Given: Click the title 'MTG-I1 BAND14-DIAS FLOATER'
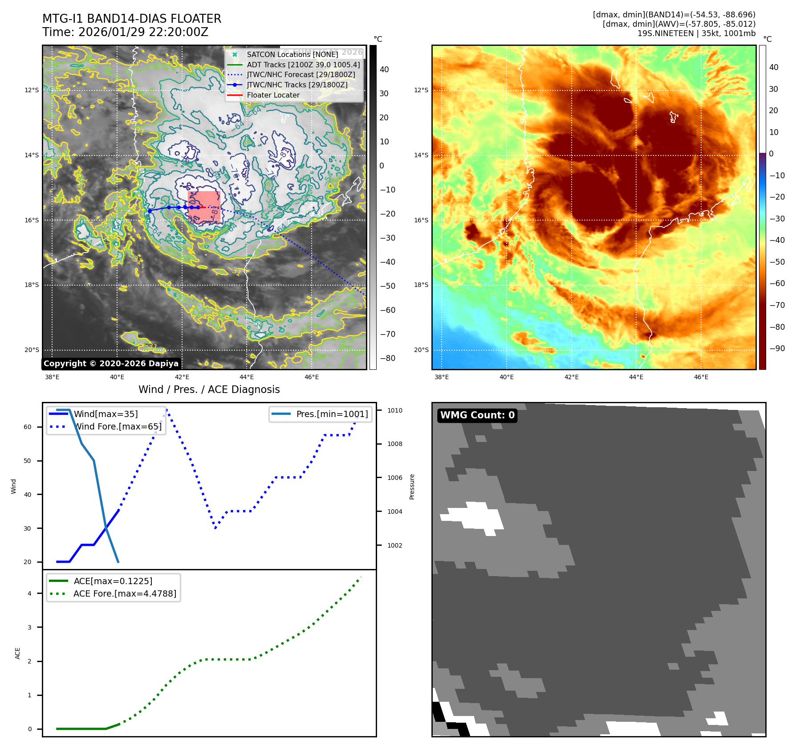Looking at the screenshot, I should point(132,19).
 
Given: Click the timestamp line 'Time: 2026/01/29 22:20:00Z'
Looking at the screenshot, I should point(125,32).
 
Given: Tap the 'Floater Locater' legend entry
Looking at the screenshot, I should point(273,95).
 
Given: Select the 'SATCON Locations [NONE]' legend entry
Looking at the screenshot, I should point(292,54).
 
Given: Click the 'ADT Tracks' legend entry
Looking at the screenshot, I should point(303,65).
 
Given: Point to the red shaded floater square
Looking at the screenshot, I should point(204,207).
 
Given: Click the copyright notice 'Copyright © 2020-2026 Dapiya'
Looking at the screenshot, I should point(111,364).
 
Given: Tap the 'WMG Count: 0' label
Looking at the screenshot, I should point(477,415).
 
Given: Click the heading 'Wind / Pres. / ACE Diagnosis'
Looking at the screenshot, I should point(209,389).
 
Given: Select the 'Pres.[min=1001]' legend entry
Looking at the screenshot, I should point(332,414).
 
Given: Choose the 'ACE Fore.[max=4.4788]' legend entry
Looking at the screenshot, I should point(125,593).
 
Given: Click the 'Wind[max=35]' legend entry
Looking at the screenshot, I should point(106,414).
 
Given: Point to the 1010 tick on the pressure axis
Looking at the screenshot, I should point(394,410).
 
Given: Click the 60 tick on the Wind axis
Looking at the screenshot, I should point(28,427).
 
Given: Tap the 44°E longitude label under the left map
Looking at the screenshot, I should point(247,377).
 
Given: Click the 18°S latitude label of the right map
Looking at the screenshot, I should point(421,285).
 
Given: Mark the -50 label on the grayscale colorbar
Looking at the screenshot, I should point(387,286).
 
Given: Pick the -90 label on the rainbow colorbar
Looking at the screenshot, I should point(777,348).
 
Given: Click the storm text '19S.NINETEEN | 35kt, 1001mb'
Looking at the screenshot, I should point(696,33).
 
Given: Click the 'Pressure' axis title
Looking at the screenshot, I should point(412,487).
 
